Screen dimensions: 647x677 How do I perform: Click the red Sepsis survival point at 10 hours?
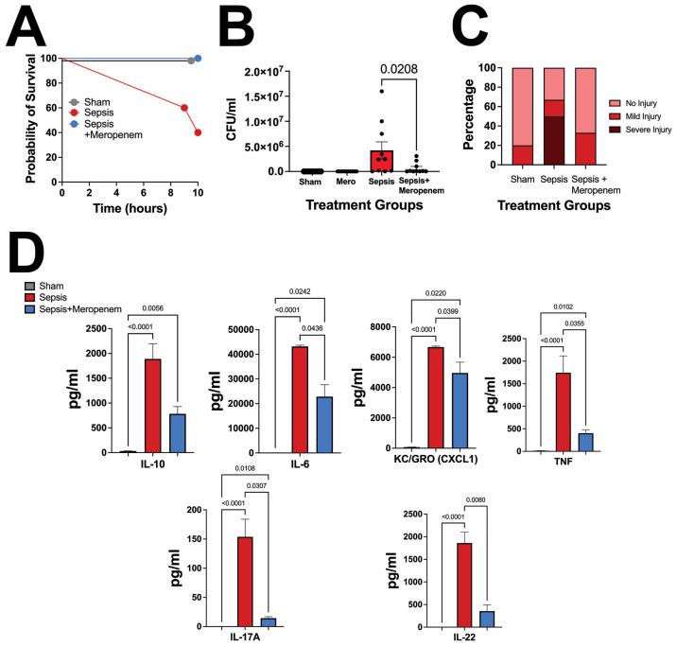[x=198, y=132]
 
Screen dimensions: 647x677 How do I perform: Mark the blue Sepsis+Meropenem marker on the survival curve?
[x=198, y=59]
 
